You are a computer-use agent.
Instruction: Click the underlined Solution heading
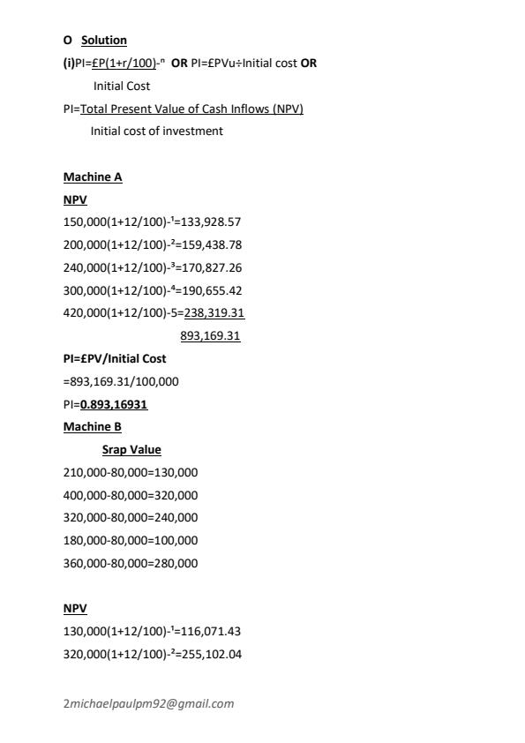[x=104, y=41]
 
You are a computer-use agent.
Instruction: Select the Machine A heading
[x=93, y=177]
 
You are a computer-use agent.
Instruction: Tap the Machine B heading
[x=93, y=427]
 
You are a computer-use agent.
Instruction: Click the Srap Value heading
[x=131, y=450]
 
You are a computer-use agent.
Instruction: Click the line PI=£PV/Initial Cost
[x=115, y=359]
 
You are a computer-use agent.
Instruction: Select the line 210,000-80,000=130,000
[x=131, y=473]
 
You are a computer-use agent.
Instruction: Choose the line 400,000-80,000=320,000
[x=131, y=496]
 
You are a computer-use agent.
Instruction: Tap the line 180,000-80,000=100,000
[x=131, y=541]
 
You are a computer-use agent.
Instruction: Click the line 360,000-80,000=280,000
[x=131, y=564]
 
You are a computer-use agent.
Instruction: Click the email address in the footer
[x=148, y=704]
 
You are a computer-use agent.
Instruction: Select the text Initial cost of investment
[x=157, y=131]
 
